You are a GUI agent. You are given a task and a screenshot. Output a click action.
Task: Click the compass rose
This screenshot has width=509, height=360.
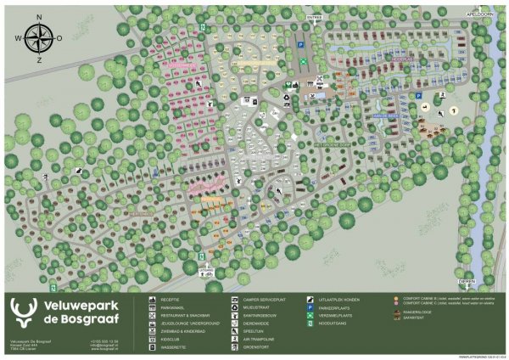(x=37, y=38)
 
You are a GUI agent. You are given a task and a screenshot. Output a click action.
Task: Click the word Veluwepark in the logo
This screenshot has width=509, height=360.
(x=74, y=305)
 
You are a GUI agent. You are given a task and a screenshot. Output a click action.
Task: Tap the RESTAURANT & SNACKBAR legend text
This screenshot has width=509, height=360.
(x=185, y=315)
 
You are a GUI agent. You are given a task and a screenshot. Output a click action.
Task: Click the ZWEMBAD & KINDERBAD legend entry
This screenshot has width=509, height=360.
(x=182, y=330)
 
